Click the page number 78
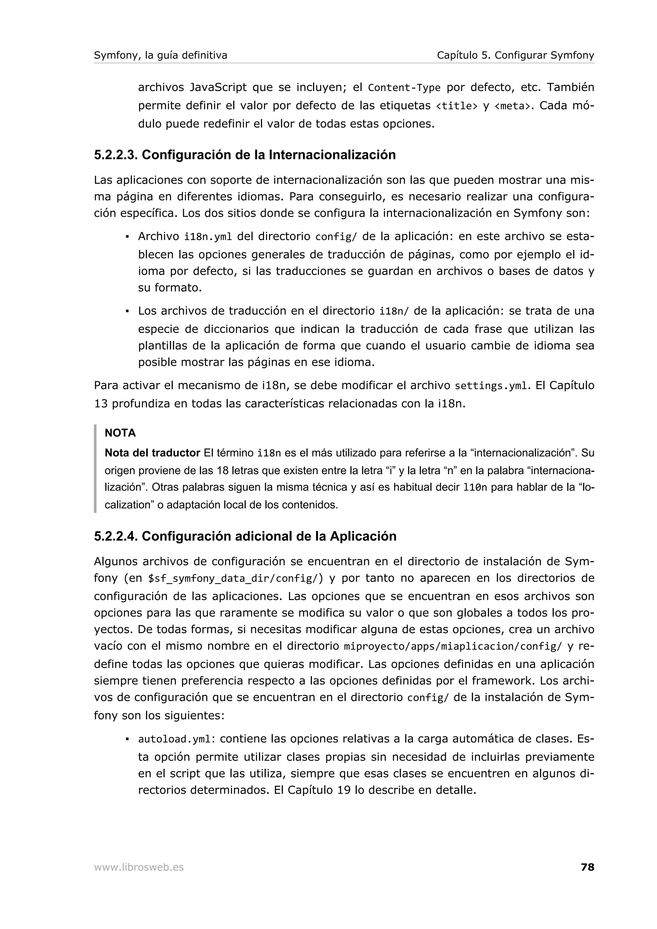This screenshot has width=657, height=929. (x=587, y=867)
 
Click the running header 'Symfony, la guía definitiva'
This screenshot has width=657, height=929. (x=160, y=55)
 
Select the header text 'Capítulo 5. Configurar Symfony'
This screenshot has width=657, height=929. (x=515, y=55)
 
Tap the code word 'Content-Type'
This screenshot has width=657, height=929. (x=404, y=88)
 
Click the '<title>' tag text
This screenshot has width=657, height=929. (x=456, y=106)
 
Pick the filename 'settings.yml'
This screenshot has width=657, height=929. (x=491, y=386)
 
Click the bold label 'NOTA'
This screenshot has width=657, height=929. (x=120, y=433)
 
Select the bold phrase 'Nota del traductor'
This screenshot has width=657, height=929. (x=152, y=453)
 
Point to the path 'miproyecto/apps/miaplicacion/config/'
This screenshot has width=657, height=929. (x=453, y=647)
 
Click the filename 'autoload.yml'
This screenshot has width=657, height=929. (x=175, y=739)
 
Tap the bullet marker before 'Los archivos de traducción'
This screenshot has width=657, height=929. (x=127, y=311)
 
